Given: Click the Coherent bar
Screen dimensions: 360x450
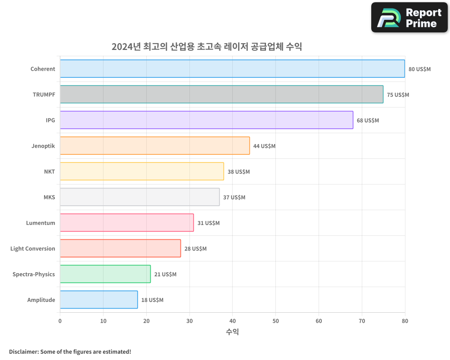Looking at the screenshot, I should coord(232,69).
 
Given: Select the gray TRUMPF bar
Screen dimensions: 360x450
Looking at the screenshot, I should coord(221,94).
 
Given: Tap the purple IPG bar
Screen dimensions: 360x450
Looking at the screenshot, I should coord(207,120).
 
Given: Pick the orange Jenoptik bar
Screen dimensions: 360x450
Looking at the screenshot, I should coord(155,146).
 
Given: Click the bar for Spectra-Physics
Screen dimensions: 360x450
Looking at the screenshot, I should coord(105,274).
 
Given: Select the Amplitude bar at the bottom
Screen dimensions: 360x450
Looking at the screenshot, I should coord(99,300).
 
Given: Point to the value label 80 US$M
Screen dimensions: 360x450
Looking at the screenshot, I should coord(419,69).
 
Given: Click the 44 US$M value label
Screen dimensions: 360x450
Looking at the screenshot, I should coord(264,146).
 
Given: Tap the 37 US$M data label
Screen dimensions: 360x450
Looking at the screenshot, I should coord(234,198).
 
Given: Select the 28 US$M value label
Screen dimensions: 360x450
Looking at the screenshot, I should coord(195,249).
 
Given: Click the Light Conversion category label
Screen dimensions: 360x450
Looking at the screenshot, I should coord(33,249).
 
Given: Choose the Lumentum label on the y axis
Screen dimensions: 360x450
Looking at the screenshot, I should coord(40,223).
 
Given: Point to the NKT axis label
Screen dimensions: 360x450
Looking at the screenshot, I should coord(49,172).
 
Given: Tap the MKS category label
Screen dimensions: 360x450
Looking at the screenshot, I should coord(49,198).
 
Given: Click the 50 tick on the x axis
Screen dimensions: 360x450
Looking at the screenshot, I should coord(275,321).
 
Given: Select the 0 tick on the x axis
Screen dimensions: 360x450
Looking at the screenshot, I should coord(60,321).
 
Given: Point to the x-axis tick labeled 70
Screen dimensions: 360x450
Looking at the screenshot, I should coord(362,321).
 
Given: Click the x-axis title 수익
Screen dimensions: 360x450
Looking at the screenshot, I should coord(232,332).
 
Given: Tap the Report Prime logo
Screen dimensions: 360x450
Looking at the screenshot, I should coord(409,18).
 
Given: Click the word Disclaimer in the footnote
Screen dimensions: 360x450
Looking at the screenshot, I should coord(23,351).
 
